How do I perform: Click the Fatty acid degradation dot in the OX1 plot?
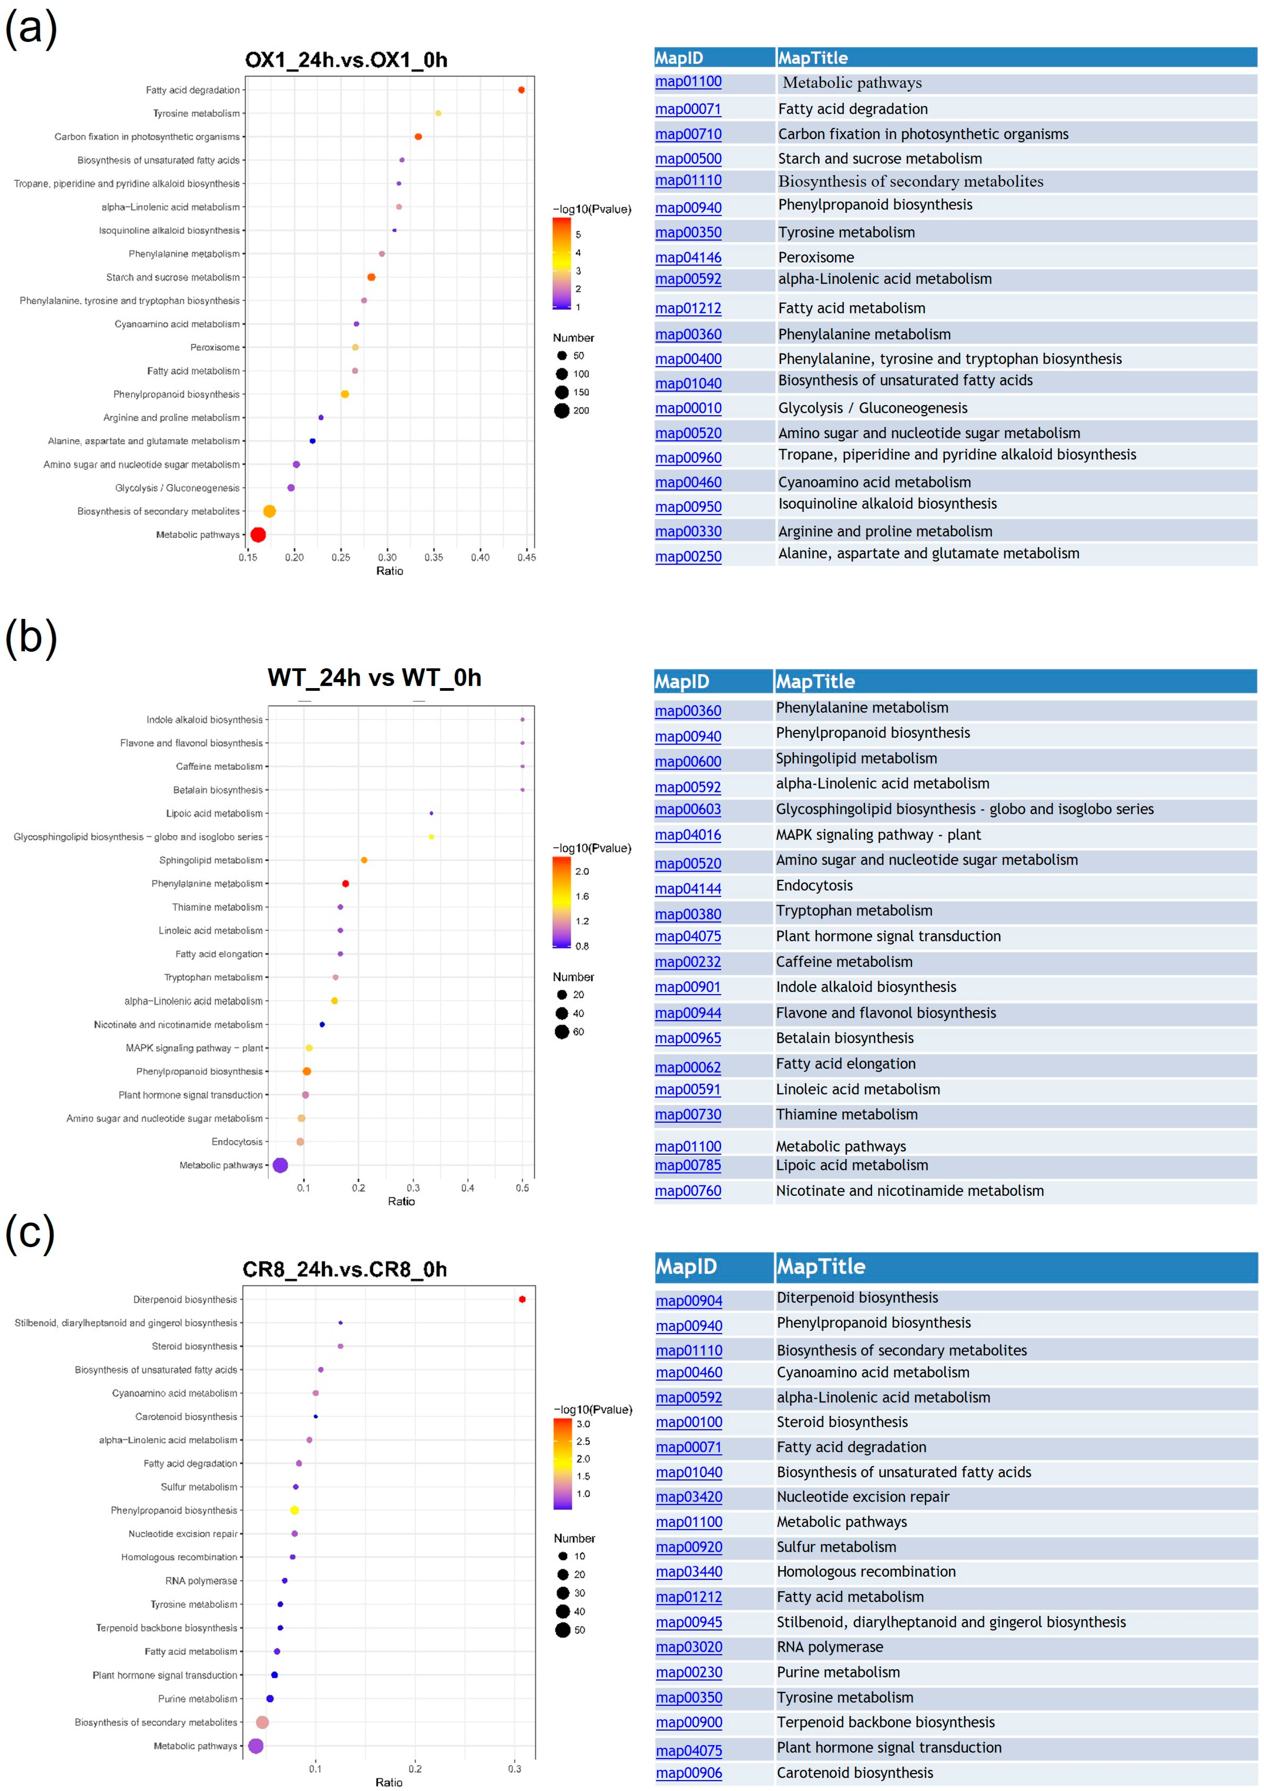click(x=521, y=90)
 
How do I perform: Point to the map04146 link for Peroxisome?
click(x=688, y=257)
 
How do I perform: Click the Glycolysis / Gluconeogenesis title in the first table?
click(x=872, y=408)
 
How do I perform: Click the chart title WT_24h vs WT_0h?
click(x=374, y=677)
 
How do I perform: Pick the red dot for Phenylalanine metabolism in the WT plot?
click(x=346, y=884)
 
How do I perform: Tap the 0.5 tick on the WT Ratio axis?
click(x=522, y=1188)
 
